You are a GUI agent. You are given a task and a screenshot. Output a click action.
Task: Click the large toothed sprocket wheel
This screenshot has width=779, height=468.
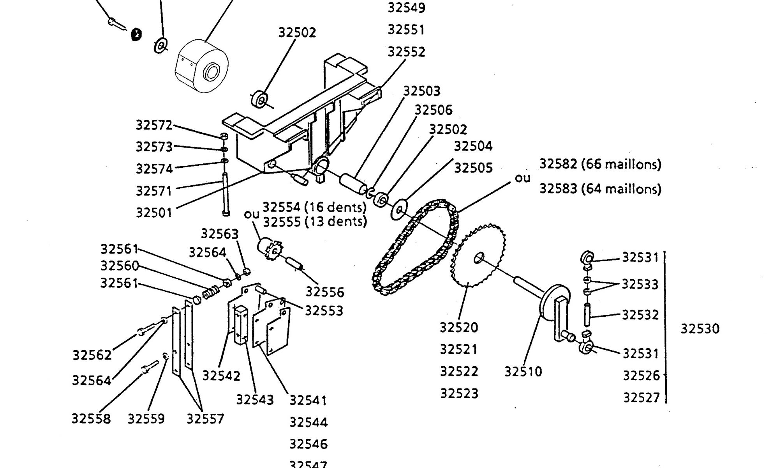[x=479, y=255]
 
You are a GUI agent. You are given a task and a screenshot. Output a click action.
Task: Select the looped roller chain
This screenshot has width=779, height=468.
[x=414, y=250]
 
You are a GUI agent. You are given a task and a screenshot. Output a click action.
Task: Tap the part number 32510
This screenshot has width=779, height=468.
[x=523, y=372]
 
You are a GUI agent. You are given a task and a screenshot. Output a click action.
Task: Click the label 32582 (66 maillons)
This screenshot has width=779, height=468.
[x=600, y=164]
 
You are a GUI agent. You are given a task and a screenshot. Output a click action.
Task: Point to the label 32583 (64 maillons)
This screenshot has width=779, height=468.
[x=600, y=189]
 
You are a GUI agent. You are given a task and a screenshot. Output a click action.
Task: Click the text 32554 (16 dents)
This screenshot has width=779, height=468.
[x=315, y=206]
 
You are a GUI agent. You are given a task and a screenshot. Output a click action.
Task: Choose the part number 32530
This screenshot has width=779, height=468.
[x=700, y=329]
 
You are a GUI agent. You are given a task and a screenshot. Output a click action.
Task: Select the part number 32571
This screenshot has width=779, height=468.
[x=153, y=191]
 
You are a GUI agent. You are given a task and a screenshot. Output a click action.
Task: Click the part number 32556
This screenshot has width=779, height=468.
[x=325, y=292]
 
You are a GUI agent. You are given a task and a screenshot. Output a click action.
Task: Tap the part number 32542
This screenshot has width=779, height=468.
[x=221, y=376]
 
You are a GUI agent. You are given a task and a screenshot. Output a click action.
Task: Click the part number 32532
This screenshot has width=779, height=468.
[x=640, y=315]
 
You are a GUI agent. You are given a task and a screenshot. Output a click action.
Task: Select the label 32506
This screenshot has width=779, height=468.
[x=434, y=110]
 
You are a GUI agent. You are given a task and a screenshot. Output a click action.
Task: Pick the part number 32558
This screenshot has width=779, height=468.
[x=91, y=418]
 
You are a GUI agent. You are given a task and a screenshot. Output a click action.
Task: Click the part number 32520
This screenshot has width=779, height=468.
[x=459, y=327]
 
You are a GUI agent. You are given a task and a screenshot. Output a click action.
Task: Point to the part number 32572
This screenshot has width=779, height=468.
[x=154, y=125]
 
